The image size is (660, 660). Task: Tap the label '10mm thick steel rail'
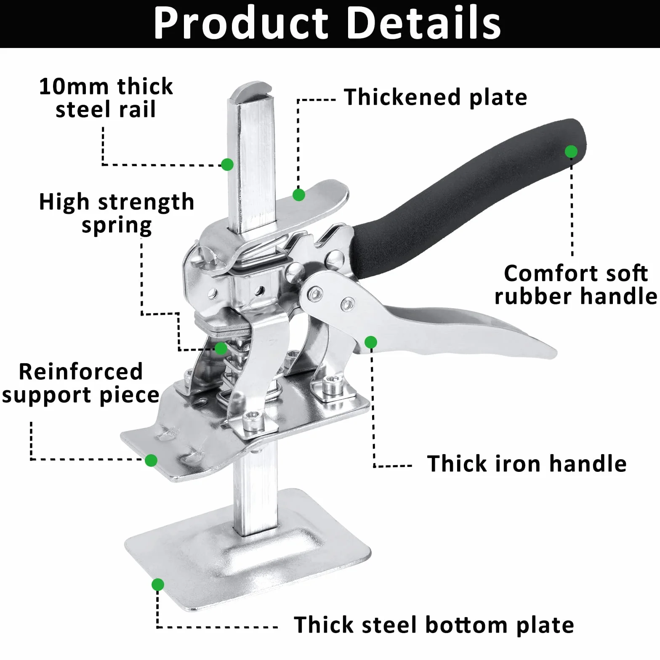click(106, 98)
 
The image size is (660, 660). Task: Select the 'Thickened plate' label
click(436, 97)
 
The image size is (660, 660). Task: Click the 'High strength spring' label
click(117, 213)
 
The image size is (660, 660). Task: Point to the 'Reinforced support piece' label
click(80, 383)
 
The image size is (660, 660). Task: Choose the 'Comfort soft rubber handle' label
click(575, 285)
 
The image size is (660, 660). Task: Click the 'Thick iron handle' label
click(527, 464)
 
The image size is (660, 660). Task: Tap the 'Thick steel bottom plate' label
click(434, 625)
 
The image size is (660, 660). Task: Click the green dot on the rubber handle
click(571, 152)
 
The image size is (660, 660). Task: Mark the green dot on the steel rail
click(227, 164)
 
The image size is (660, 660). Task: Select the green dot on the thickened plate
click(299, 195)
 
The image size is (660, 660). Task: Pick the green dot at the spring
click(221, 349)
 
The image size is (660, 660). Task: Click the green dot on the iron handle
click(371, 342)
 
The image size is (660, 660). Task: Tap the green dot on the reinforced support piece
click(151, 460)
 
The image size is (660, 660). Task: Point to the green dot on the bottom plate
click(158, 585)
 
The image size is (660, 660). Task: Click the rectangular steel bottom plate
click(248, 551)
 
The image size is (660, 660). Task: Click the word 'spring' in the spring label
click(117, 226)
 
